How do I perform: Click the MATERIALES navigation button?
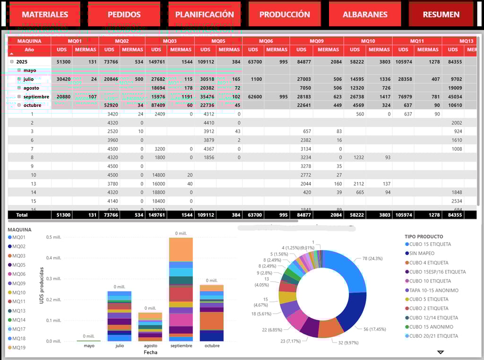[x=45, y=14]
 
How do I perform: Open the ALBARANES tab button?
[x=365, y=14]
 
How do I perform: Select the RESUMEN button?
[x=441, y=14]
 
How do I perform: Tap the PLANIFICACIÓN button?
[x=205, y=14]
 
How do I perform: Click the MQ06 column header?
[x=266, y=41]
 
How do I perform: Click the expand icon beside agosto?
[x=19, y=88]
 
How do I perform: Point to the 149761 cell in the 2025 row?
[x=156, y=61]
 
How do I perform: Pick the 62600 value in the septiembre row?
[x=253, y=97]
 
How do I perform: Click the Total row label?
[x=22, y=215]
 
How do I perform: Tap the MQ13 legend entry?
[x=19, y=311]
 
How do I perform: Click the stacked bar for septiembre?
[x=181, y=289]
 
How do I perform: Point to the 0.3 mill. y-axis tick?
[x=53, y=279]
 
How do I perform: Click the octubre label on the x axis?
[x=211, y=346]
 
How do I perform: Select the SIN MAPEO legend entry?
[x=422, y=254]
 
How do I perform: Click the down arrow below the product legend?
[x=441, y=352]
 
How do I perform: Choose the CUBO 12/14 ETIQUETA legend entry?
[x=433, y=318]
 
